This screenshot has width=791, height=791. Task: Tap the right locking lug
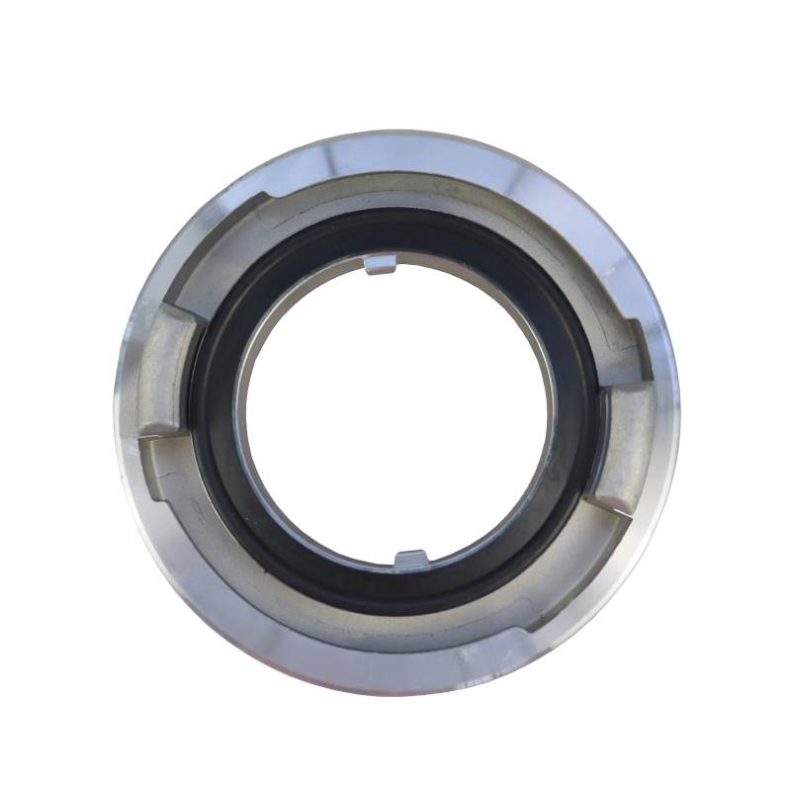(x=625, y=445)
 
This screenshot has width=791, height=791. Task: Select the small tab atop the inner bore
(x=381, y=264)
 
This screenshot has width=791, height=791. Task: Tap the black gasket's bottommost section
(x=395, y=599)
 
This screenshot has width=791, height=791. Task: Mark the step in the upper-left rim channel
(x=259, y=202)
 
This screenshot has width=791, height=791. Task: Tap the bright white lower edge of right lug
(x=615, y=506)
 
